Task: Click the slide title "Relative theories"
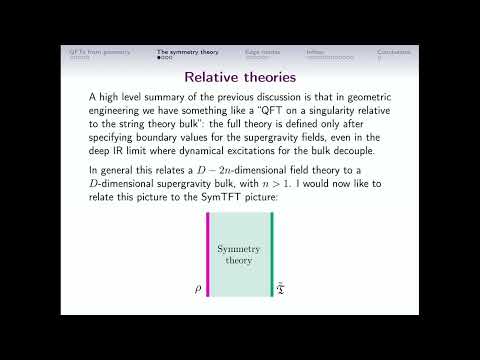pos(239,76)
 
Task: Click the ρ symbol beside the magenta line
pos(199,291)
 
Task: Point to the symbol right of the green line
pos(282,291)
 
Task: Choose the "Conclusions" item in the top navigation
pos(394,51)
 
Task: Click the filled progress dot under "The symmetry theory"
pos(159,57)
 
